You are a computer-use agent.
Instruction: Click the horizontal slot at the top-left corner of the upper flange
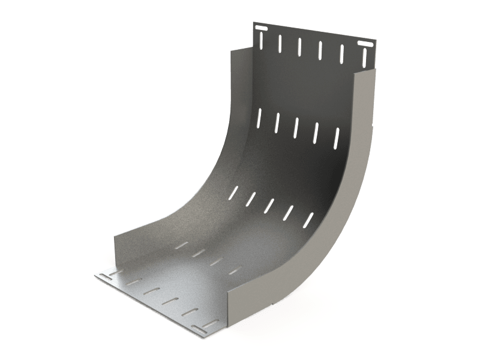(x=262, y=28)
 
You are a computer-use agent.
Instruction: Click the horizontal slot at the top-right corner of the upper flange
(x=364, y=45)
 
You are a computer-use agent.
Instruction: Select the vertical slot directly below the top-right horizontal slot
(x=364, y=58)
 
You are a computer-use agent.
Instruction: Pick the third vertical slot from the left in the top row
(x=299, y=46)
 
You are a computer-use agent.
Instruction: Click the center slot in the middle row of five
(x=297, y=124)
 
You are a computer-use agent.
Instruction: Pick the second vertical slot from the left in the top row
(x=280, y=43)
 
